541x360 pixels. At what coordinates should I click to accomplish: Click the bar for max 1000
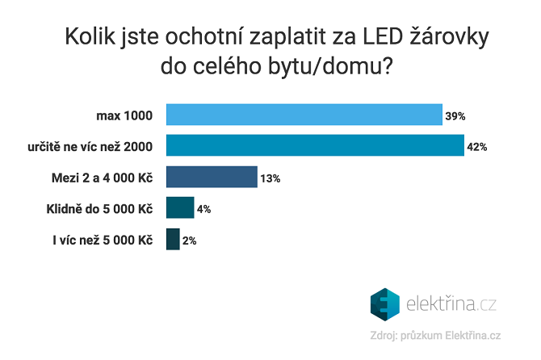pyautogui.click(x=304, y=115)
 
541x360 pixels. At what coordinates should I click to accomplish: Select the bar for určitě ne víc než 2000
pyautogui.click(x=315, y=145)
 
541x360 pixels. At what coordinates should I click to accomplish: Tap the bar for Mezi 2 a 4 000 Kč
pyautogui.click(x=212, y=177)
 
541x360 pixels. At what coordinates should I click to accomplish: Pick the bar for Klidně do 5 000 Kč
pyautogui.click(x=180, y=207)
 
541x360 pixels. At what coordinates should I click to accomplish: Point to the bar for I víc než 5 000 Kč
pyautogui.click(x=173, y=239)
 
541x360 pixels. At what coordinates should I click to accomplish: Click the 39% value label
pyautogui.click(x=455, y=116)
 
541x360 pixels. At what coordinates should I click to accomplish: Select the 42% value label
pyautogui.click(x=476, y=147)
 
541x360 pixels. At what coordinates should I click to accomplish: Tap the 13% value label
pyautogui.click(x=270, y=178)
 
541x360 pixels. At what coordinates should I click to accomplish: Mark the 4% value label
pyautogui.click(x=203, y=209)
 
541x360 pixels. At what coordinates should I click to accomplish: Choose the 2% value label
pyautogui.click(x=189, y=241)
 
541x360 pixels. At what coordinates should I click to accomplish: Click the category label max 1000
pyautogui.click(x=125, y=115)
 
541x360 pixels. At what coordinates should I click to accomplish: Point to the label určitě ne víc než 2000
pyautogui.click(x=90, y=146)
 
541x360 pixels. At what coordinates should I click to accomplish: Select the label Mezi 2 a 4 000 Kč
pyautogui.click(x=102, y=178)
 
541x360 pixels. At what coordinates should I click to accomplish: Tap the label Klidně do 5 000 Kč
pyautogui.click(x=99, y=208)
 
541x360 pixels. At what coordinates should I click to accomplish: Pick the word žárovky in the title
pyautogui.click(x=447, y=37)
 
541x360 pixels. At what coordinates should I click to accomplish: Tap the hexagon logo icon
pyautogui.click(x=385, y=304)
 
